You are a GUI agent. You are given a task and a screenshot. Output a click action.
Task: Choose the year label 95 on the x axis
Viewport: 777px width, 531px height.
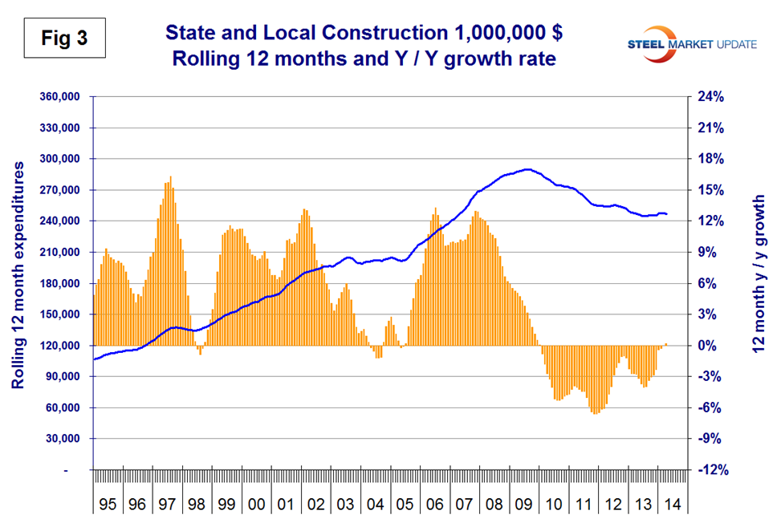click(x=108, y=506)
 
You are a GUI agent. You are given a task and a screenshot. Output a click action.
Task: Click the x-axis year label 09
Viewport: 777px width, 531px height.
click(x=524, y=506)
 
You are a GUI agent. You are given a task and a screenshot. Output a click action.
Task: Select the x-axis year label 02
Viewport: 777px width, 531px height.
click(x=315, y=506)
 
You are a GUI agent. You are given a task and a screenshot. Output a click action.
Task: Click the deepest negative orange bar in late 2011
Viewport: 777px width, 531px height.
click(x=595, y=412)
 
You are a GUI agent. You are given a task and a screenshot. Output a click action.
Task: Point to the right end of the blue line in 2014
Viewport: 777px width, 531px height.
click(x=667, y=214)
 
